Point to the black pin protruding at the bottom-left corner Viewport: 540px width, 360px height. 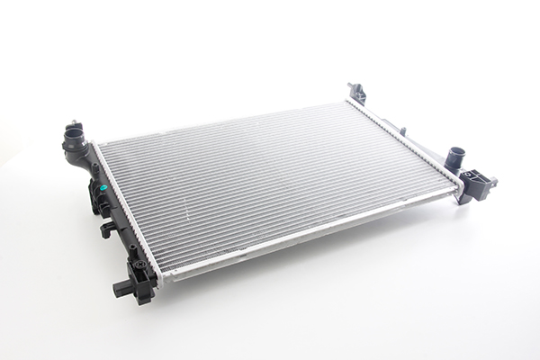click(119, 288)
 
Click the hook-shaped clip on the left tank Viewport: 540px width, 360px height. click(106, 229)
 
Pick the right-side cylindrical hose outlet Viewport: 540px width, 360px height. click(455, 155)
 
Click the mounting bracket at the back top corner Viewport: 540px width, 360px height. click(357, 93)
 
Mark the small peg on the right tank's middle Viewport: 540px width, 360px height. click(403, 132)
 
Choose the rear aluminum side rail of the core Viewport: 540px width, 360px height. click(225, 120)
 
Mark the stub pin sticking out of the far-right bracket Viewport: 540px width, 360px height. click(494, 184)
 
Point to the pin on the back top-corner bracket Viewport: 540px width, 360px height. click(352, 86)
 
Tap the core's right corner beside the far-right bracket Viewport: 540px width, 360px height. click(458, 188)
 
